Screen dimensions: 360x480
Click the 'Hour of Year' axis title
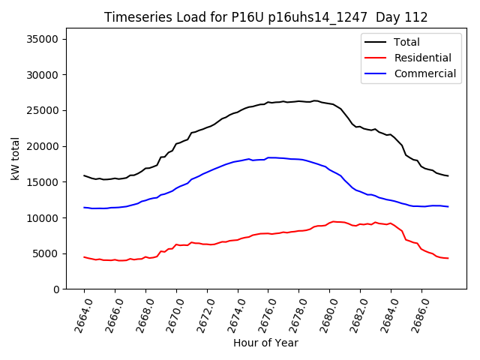(265, 343)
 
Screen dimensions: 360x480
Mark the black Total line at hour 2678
(299, 101)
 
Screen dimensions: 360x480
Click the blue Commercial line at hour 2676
(268, 157)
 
